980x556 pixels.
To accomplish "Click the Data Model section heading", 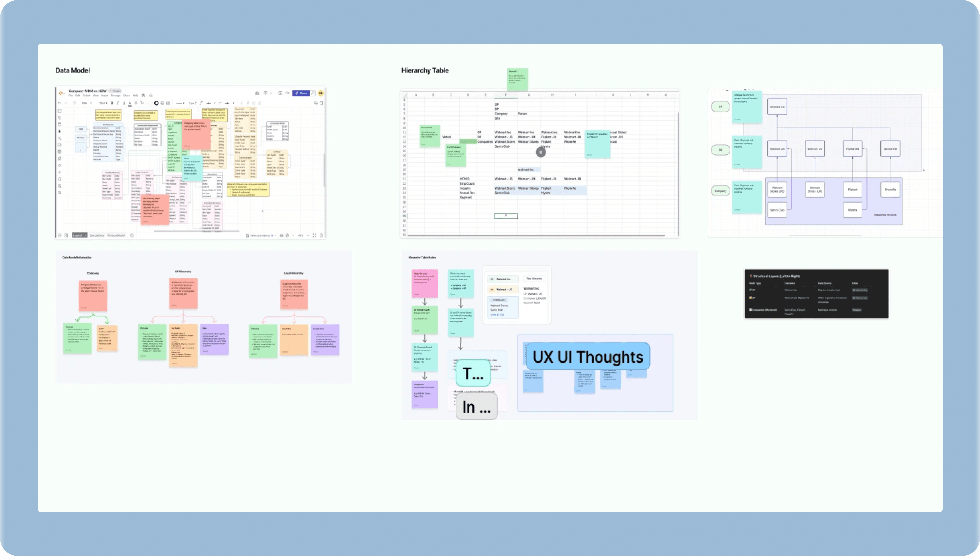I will point(73,70).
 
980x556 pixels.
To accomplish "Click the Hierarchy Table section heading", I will point(425,70).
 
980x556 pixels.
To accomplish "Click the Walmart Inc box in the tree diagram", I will point(777,107).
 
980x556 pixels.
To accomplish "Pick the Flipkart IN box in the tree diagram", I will point(852,149).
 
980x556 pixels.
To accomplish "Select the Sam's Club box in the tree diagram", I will point(777,210).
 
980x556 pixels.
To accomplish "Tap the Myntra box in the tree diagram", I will point(852,210).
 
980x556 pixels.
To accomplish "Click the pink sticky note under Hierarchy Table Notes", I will point(424,283).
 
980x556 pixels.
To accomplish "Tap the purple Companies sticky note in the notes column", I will point(424,394).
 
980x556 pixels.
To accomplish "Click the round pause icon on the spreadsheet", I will point(541,152).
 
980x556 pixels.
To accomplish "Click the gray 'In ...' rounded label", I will point(476,407).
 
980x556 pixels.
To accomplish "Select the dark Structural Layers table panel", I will point(816,294).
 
